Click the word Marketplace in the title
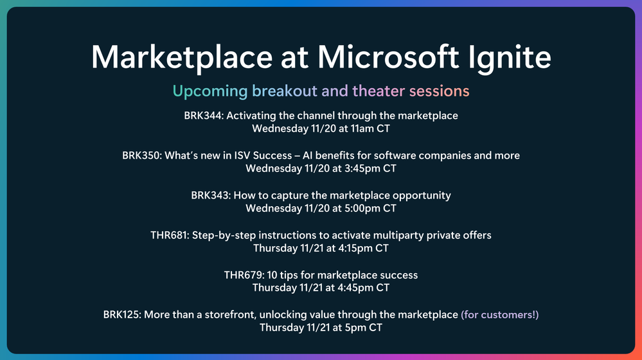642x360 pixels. click(182, 58)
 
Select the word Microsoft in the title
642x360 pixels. click(388, 57)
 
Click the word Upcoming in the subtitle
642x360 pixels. click(210, 91)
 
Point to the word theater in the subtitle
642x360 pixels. click(379, 91)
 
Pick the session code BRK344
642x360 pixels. click(204, 116)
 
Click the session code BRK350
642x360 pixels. click(142, 156)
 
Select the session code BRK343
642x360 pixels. click(211, 195)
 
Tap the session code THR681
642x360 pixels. click(170, 235)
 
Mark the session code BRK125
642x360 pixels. click(122, 314)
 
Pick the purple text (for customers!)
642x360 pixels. click(500, 314)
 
